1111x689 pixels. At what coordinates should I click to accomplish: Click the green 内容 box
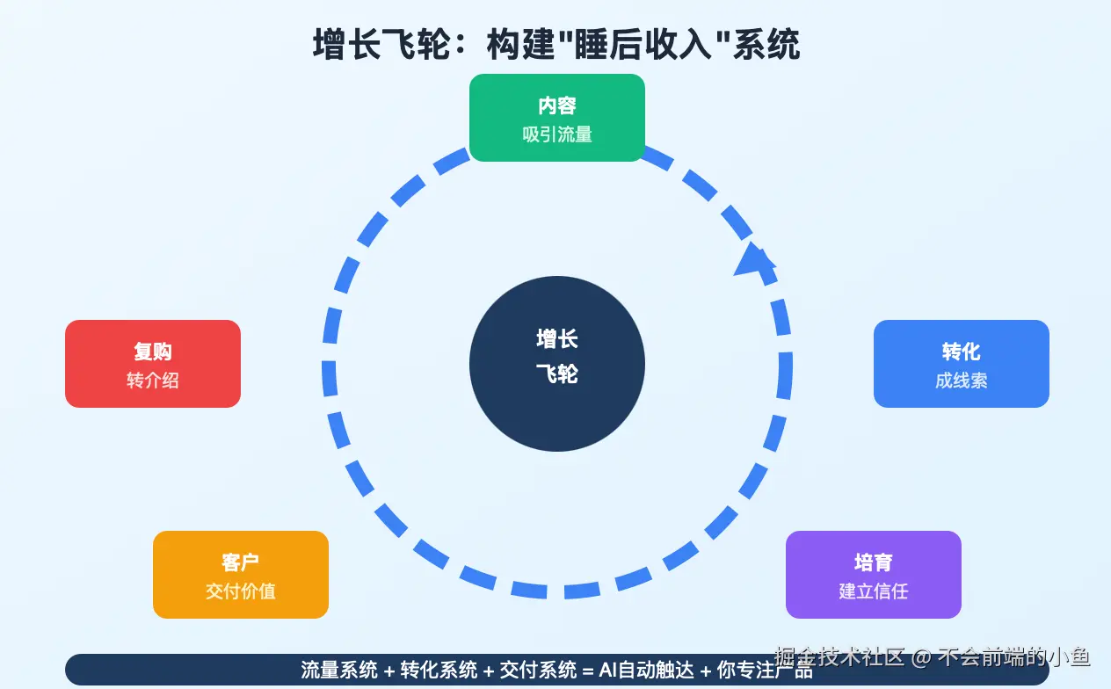click(557, 118)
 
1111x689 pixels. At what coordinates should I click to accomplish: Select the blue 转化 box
click(962, 364)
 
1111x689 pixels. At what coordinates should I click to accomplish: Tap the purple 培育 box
click(874, 575)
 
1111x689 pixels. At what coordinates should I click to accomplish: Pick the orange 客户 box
click(241, 575)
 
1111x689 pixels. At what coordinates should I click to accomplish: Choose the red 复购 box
click(153, 364)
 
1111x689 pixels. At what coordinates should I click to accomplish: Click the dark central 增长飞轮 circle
click(557, 364)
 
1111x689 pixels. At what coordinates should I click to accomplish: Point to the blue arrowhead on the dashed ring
click(754, 258)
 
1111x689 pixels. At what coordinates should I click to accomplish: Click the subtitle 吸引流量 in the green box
click(557, 134)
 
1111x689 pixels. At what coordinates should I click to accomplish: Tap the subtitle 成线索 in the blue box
click(962, 381)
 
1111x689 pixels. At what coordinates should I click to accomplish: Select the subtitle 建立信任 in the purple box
click(874, 591)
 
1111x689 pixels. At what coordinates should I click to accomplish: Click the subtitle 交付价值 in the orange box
click(241, 591)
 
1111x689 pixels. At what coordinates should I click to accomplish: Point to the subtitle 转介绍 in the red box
click(153, 381)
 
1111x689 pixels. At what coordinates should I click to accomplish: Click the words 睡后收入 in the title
click(643, 45)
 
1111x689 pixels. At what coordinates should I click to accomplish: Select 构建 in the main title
click(520, 45)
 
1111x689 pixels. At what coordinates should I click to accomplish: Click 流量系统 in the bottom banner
click(339, 670)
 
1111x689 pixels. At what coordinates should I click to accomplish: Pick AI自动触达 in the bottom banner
click(646, 670)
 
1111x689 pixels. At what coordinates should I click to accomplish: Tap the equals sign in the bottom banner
click(588, 671)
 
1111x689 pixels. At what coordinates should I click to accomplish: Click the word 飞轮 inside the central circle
click(557, 374)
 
